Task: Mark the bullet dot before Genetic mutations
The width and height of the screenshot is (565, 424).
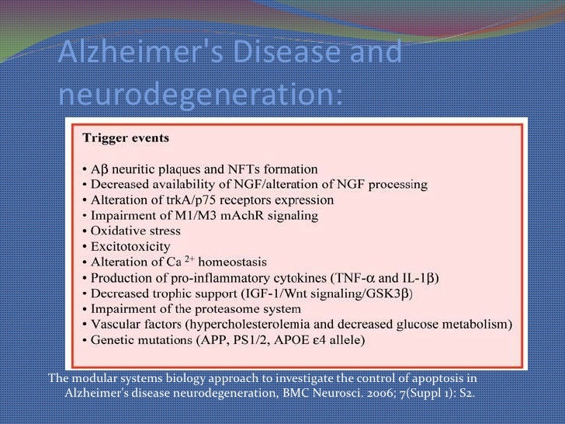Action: [85, 339]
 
